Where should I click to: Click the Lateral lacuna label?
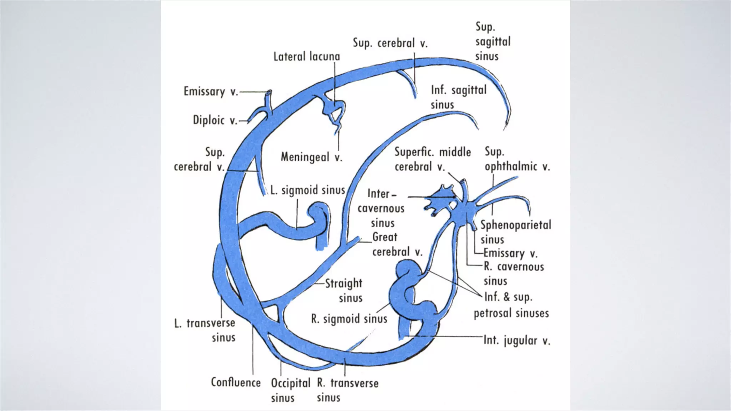coord(307,56)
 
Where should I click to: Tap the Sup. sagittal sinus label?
coord(493,41)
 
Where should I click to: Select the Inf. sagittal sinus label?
coord(459,97)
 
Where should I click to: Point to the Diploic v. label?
coord(215,120)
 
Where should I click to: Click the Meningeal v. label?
coord(312,157)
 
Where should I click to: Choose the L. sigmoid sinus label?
coord(308,190)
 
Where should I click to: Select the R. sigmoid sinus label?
coord(349,319)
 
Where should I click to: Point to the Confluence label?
coord(236,382)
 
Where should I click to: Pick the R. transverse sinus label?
coord(348,390)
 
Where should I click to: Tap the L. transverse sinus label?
coord(205,330)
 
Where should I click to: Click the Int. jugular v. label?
coord(517,340)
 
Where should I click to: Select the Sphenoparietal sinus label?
coord(516,232)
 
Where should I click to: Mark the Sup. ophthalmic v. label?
coord(517,159)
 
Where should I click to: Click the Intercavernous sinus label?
coord(381,208)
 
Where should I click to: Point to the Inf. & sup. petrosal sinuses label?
coord(511,305)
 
